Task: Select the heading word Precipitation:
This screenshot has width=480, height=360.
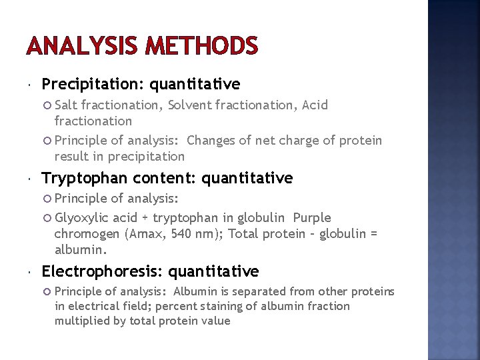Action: pyautogui.click(x=93, y=84)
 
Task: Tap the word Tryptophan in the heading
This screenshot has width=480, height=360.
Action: pyautogui.click(x=85, y=178)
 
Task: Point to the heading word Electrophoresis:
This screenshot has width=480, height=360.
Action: pyautogui.click(x=103, y=271)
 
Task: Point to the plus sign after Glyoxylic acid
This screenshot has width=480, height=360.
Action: pyautogui.click(x=145, y=219)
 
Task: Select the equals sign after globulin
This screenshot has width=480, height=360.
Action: pyautogui.click(x=373, y=234)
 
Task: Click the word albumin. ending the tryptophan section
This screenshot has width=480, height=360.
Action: pyautogui.click(x=80, y=250)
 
